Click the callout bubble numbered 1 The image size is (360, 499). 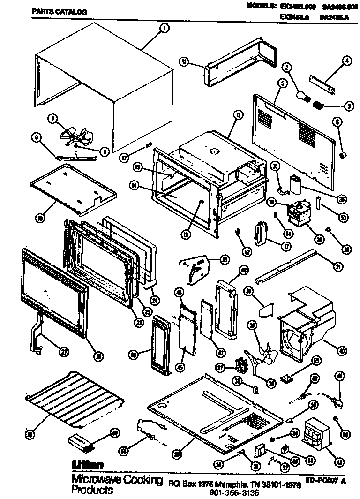[x=164, y=29]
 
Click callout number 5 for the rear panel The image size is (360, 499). [x=282, y=83]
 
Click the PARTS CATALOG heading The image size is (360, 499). [x=59, y=13]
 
